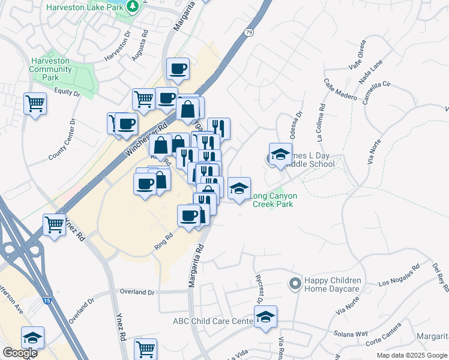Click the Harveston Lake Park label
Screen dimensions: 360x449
[x=86, y=7]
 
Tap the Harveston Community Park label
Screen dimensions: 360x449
[x=50, y=70]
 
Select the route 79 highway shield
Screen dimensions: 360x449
[x=249, y=32]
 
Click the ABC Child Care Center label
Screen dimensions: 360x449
[x=212, y=322]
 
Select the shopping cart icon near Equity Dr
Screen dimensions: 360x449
[x=35, y=103]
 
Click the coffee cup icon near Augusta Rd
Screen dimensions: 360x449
[x=178, y=68]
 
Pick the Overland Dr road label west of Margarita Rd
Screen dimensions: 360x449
[x=137, y=292]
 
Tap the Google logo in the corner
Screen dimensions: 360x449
[x=19, y=353]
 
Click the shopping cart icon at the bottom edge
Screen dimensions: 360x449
[x=146, y=348]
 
